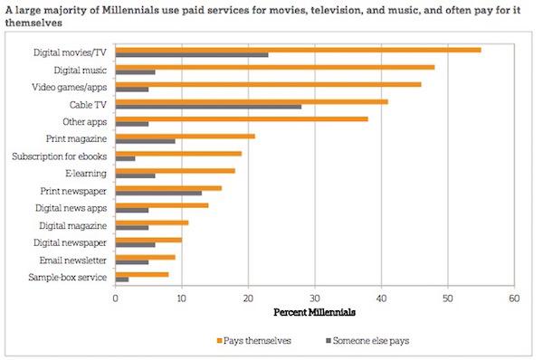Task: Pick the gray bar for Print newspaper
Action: pyautogui.click(x=159, y=193)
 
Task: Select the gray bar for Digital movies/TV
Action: pyautogui.click(x=193, y=55)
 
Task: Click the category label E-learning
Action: pyautogui.click(x=87, y=173)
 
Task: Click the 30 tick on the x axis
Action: pyautogui.click(x=314, y=298)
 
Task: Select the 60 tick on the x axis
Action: pyautogui.click(x=513, y=298)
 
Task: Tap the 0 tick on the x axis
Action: pyautogui.click(x=116, y=298)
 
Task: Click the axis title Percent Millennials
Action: pyautogui.click(x=314, y=312)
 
